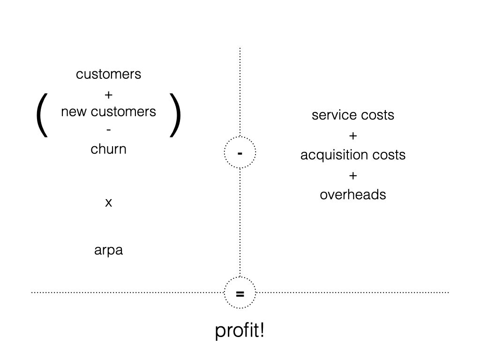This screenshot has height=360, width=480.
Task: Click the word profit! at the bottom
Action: (x=240, y=331)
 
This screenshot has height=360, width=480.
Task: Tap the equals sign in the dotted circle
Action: (x=240, y=294)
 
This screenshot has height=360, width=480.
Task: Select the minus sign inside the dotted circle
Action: (x=240, y=153)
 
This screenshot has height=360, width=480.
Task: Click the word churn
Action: (x=108, y=149)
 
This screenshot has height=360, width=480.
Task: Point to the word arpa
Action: (x=108, y=250)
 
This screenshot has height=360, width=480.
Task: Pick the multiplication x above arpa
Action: (x=108, y=203)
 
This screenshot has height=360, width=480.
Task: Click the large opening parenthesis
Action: (x=42, y=115)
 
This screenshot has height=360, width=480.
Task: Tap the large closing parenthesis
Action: (x=175, y=115)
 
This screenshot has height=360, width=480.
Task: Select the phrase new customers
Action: (x=108, y=112)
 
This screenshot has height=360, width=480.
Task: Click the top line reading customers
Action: (x=108, y=74)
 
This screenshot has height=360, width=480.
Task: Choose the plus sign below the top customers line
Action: (x=108, y=95)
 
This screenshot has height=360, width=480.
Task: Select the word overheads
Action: (x=353, y=195)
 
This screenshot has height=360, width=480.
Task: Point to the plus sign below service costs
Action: (x=353, y=136)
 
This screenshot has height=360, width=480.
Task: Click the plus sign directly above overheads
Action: (x=353, y=175)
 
